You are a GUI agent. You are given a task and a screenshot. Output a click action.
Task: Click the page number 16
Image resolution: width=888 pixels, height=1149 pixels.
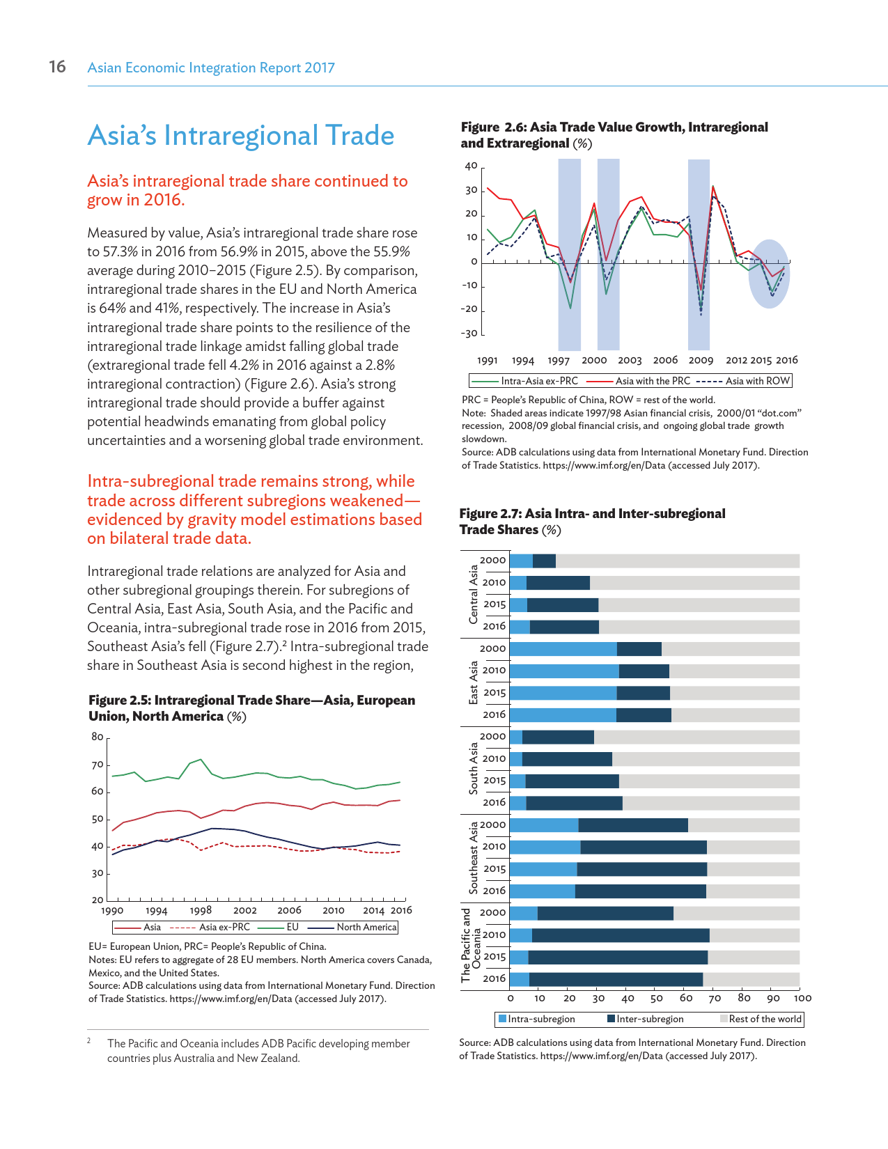pyautogui.click(x=57, y=67)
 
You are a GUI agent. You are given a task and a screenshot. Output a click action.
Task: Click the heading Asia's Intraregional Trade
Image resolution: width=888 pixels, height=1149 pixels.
pyautogui.click(x=241, y=136)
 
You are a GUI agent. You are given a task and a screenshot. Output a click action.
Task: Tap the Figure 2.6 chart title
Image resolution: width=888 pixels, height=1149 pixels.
pyautogui.click(x=614, y=135)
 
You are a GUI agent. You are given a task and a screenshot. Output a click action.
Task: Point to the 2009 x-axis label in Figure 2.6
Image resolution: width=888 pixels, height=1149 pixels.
pyautogui.click(x=701, y=360)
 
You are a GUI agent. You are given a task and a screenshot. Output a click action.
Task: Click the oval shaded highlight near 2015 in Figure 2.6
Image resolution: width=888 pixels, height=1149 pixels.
pyautogui.click(x=770, y=274)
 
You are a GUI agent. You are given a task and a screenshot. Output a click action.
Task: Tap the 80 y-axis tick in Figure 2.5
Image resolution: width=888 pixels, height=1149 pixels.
pyautogui.click(x=98, y=737)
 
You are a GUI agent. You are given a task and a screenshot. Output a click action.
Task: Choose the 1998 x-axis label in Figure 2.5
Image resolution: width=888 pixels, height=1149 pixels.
pyautogui.click(x=201, y=910)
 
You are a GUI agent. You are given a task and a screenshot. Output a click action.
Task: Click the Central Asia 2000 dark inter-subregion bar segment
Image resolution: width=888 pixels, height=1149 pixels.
pyautogui.click(x=544, y=561)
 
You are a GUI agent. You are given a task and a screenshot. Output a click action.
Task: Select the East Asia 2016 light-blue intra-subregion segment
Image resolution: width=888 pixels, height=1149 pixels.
pyautogui.click(x=563, y=714)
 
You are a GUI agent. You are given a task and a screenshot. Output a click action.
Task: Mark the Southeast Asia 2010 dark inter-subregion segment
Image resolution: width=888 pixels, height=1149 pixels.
pyautogui.click(x=644, y=847)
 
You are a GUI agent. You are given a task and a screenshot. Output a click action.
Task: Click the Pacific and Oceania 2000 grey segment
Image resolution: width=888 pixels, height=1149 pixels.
pyautogui.click(x=736, y=913)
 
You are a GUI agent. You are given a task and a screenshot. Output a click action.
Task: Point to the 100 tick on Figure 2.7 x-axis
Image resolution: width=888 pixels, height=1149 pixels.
pyautogui.click(x=802, y=998)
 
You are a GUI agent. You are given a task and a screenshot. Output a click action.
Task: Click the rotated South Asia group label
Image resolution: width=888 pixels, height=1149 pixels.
pyautogui.click(x=474, y=769)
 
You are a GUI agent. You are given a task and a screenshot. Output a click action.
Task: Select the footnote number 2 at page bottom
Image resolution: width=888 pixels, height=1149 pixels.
pyautogui.click(x=89, y=1040)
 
